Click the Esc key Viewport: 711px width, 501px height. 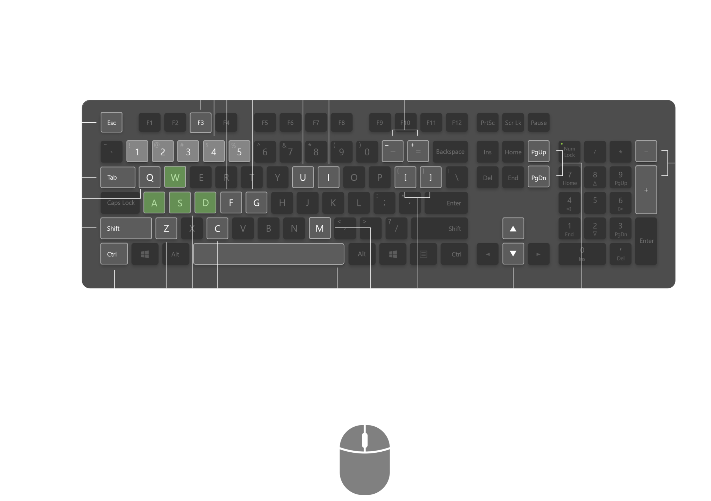[111, 122]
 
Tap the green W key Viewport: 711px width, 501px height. [175, 177]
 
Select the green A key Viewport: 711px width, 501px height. [154, 203]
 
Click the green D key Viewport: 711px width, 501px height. [205, 203]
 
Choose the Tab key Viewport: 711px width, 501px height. [118, 177]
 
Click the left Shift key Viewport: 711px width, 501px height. [126, 228]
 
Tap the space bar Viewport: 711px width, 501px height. [268, 254]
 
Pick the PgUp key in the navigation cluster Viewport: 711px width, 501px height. [538, 151]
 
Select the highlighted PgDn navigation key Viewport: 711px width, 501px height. [538, 177]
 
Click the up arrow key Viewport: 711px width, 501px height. [513, 228]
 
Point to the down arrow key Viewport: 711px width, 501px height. [513, 254]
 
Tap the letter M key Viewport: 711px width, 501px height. [319, 228]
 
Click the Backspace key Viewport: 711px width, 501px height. [450, 151]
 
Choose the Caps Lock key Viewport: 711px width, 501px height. [120, 203]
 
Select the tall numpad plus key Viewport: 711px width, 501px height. [646, 190]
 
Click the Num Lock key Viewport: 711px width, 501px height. [569, 151]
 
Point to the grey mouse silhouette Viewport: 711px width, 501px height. [365, 462]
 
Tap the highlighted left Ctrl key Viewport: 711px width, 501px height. [114, 254]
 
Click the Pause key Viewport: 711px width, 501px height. [538, 122]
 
